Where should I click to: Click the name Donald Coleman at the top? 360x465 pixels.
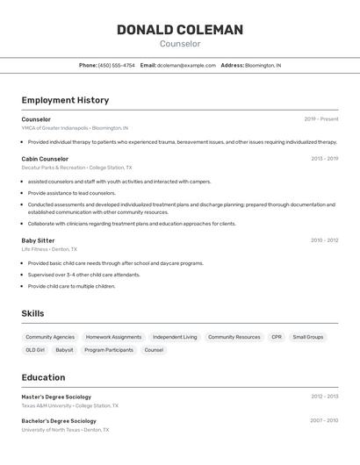click(180, 30)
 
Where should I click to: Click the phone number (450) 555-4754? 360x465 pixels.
click(117, 65)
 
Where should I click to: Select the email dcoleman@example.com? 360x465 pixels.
click(186, 65)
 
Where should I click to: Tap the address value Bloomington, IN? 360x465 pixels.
click(263, 65)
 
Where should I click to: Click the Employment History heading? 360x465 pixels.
click(65, 100)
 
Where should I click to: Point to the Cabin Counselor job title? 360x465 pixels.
click(45, 159)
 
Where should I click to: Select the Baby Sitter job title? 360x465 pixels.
click(38, 240)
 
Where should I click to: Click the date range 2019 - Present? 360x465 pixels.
click(321, 119)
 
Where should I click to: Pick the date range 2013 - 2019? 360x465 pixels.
click(324, 159)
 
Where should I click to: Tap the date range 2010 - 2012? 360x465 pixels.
click(324, 240)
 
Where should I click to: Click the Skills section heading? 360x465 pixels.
click(32, 313)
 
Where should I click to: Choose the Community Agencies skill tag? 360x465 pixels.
click(50, 337)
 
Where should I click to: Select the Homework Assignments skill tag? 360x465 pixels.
click(113, 337)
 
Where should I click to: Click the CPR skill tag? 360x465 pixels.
click(277, 337)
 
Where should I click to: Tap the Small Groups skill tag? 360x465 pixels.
click(308, 337)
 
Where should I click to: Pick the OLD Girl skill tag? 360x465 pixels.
click(35, 350)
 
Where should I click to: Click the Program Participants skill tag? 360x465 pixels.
click(109, 350)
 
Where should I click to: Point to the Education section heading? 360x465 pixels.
click(43, 377)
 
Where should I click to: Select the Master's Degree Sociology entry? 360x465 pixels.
click(56, 397)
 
